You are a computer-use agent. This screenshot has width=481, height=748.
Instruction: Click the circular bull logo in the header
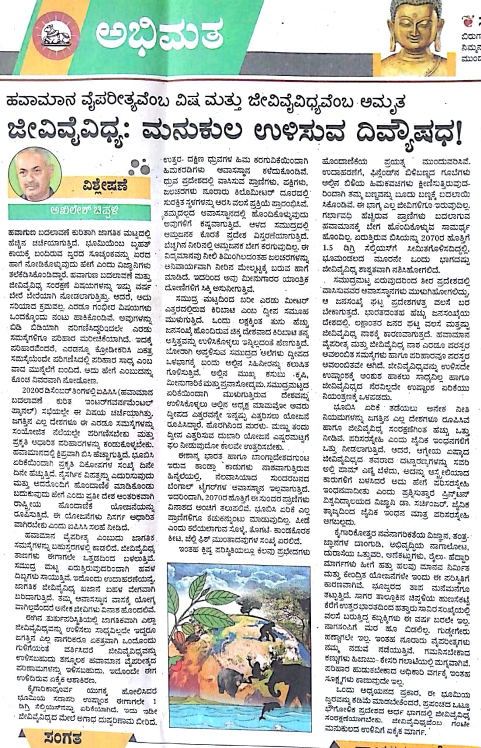tap(56, 35)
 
